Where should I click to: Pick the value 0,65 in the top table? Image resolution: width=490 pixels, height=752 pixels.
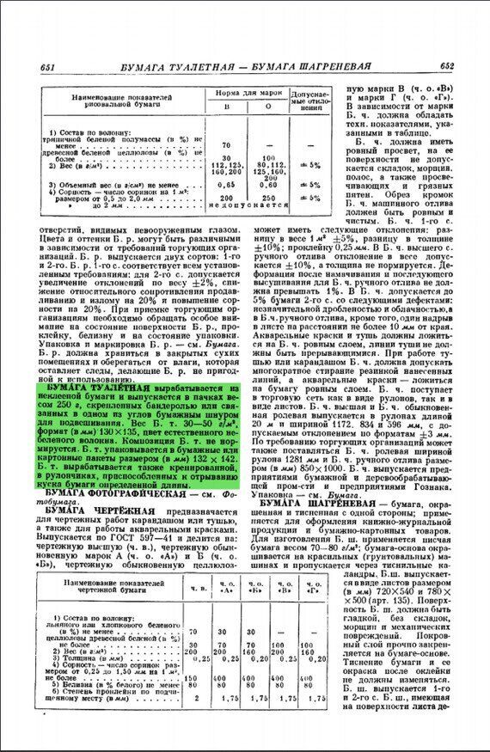click(x=227, y=185)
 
